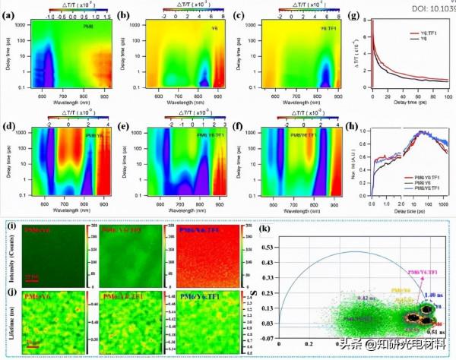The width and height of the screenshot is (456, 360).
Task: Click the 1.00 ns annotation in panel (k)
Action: (x=428, y=293)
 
